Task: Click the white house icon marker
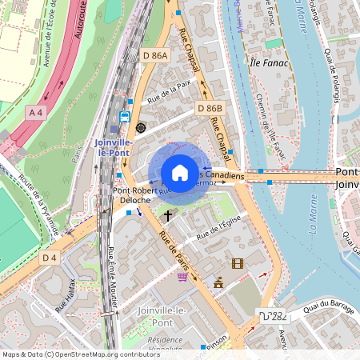tap(180, 173)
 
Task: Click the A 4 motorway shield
tap(36, 113)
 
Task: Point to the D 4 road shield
tap(50, 257)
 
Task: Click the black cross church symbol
tap(168, 215)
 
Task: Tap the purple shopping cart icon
tap(182, 277)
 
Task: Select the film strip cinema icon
tap(237, 263)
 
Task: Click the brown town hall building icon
tap(218, 282)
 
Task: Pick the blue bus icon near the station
tap(124, 116)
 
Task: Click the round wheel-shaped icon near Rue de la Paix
tap(141, 127)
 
